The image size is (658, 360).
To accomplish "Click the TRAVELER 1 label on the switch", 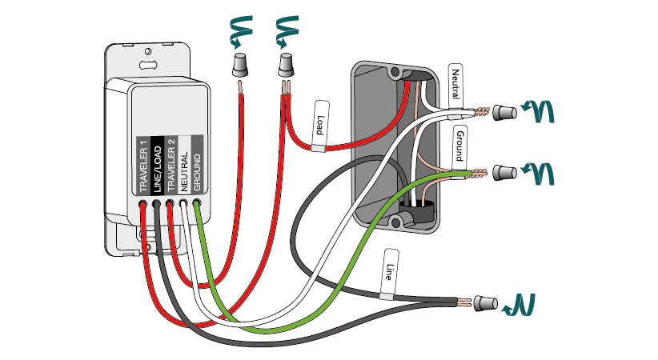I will tap(143, 165).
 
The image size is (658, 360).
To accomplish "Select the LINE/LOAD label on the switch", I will tap(157, 165).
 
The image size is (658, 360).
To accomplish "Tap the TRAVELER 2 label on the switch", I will tap(171, 165).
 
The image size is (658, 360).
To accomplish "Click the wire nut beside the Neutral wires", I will tap(503, 112).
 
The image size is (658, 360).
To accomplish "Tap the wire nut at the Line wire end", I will tap(483, 303).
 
